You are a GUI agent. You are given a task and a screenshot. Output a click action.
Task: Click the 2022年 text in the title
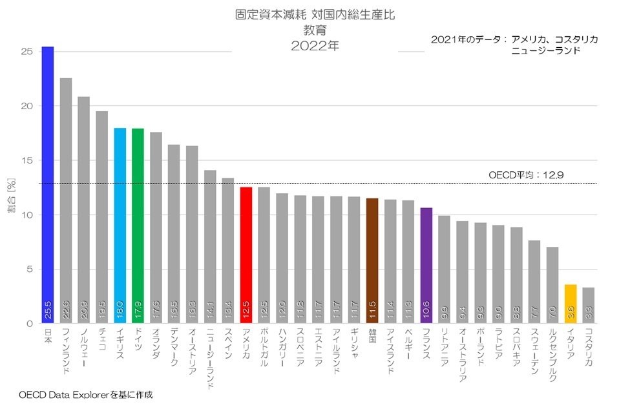315,46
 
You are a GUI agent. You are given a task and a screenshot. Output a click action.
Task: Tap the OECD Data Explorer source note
86,394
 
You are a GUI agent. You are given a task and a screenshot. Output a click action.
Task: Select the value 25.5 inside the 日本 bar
48,310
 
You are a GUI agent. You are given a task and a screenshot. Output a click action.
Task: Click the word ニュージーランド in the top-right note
545,50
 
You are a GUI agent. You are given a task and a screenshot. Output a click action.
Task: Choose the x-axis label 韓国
372,337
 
